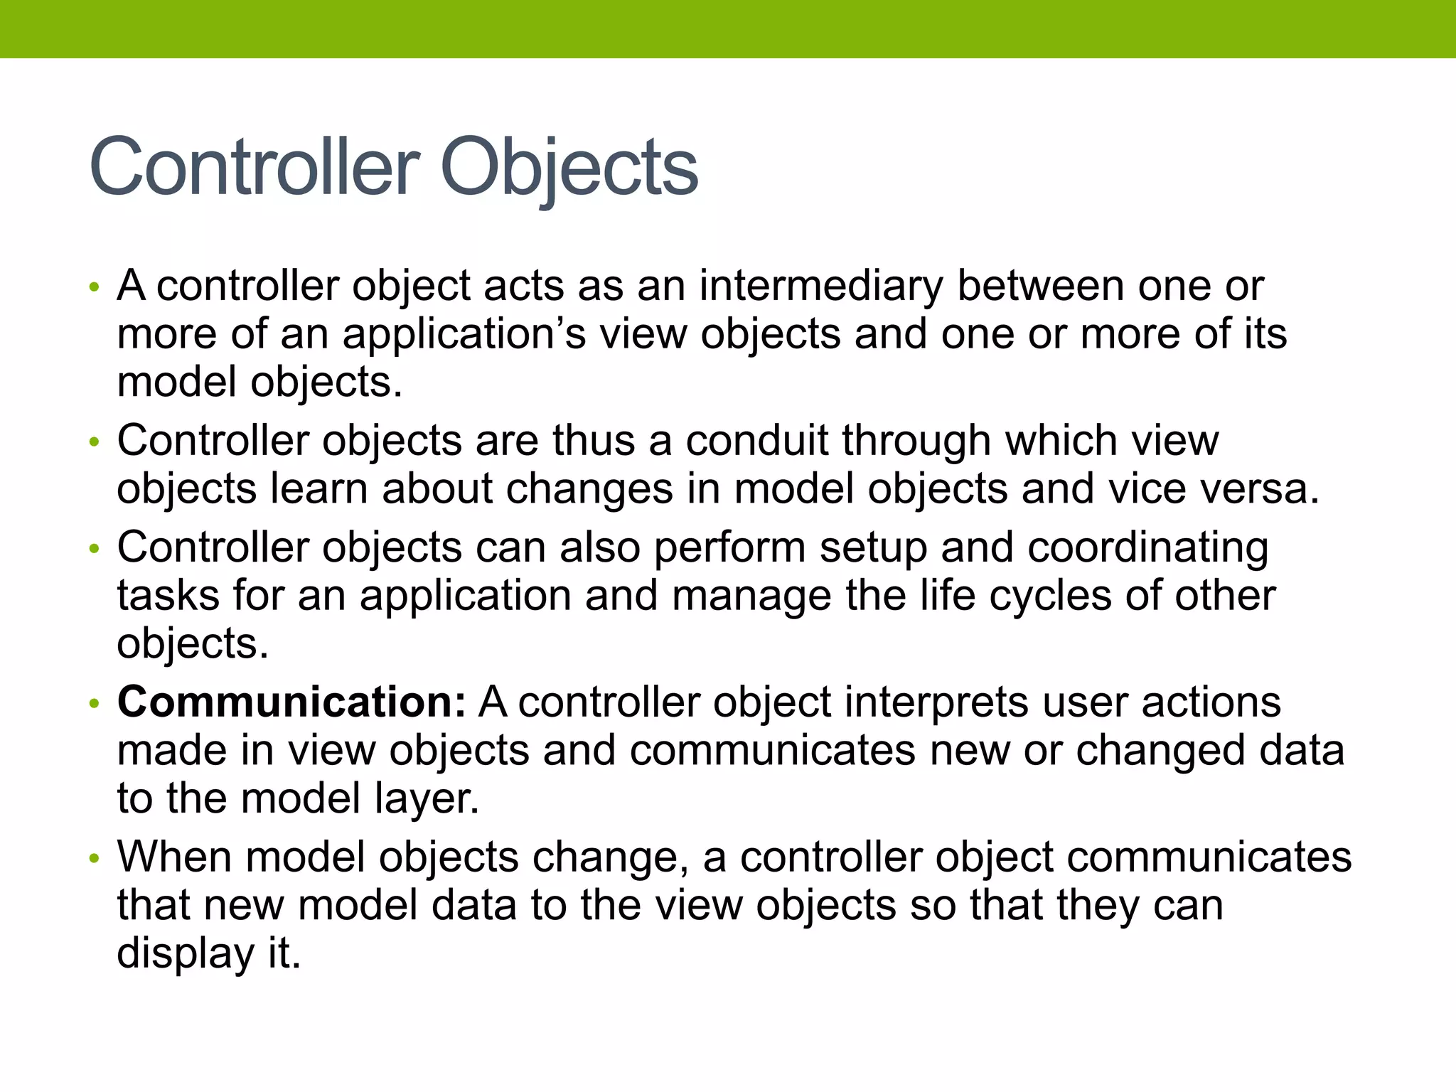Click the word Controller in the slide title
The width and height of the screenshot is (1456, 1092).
253,168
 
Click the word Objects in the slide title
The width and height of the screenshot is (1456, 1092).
569,168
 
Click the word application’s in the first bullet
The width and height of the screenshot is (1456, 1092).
464,334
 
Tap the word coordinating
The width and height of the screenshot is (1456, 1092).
1147,548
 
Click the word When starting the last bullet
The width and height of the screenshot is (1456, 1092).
175,857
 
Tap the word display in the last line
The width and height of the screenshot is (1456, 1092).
185,953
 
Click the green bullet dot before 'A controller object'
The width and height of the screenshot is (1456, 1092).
93,289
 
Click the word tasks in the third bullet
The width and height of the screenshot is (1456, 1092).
168,596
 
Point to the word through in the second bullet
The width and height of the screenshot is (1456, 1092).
916,441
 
